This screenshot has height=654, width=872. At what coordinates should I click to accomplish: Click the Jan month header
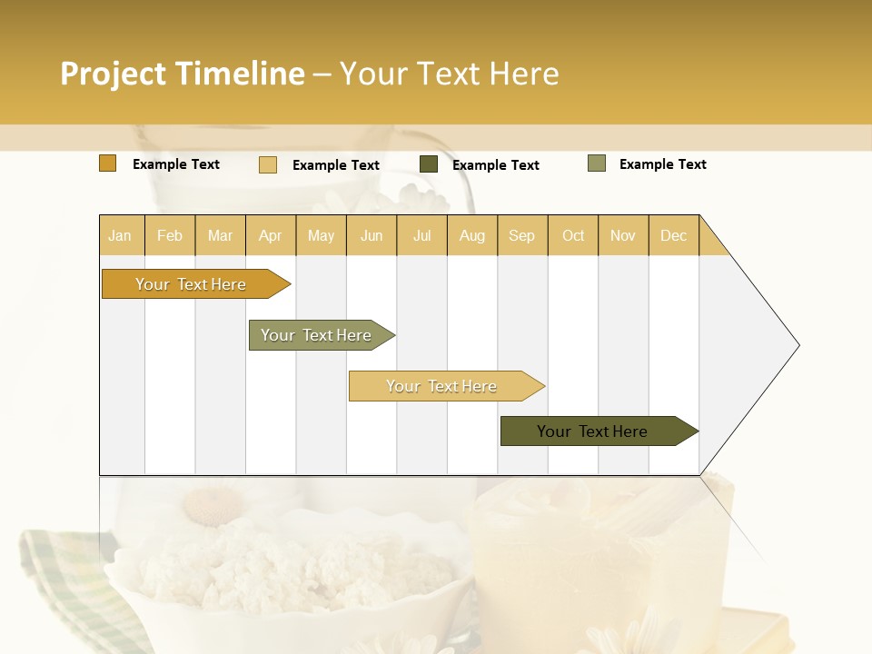(120, 235)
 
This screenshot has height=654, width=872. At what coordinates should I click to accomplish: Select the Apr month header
(270, 235)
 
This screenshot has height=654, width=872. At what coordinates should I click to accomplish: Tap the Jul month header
(421, 235)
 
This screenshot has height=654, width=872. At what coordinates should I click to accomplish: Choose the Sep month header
(521, 235)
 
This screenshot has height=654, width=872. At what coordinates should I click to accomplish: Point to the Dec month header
(673, 235)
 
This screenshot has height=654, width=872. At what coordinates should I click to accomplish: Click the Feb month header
(170, 235)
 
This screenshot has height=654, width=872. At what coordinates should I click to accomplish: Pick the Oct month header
(573, 235)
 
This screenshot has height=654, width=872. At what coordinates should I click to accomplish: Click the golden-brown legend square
(107, 163)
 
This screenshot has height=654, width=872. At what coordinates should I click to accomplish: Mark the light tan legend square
(268, 164)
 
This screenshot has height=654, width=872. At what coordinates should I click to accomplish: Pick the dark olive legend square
(429, 164)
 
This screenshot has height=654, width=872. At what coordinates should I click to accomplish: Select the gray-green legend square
(597, 163)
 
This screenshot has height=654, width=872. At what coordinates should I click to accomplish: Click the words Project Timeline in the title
(183, 74)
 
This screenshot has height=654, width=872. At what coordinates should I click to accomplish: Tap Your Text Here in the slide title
(449, 74)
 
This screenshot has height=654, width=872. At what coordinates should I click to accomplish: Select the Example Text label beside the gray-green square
(662, 164)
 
